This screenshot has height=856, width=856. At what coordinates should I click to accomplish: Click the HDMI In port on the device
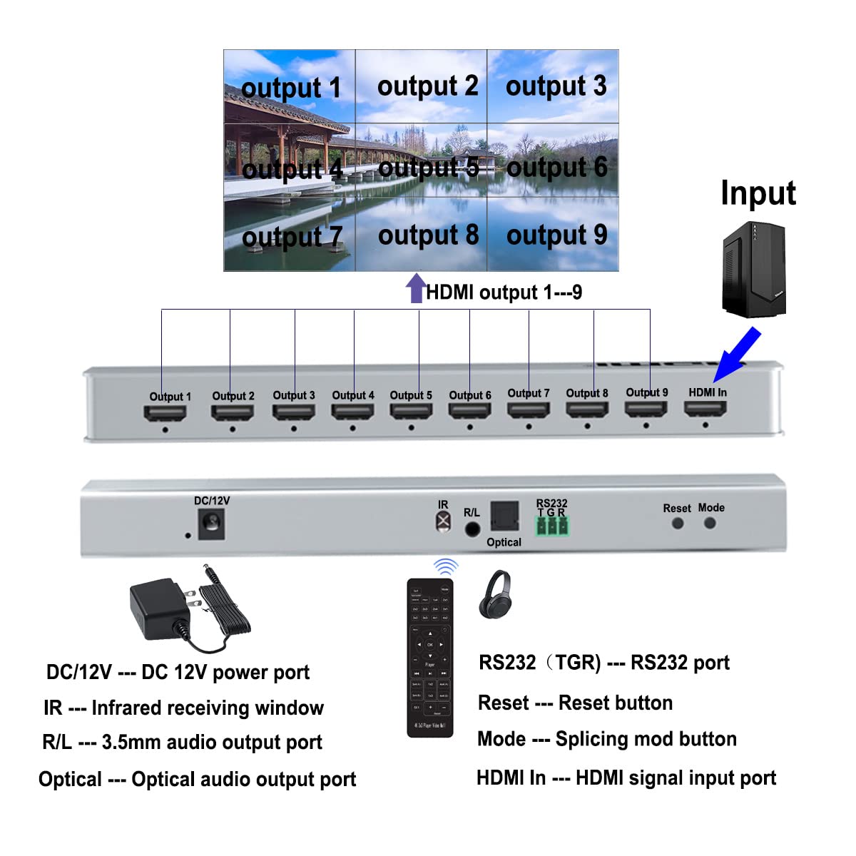[x=705, y=410]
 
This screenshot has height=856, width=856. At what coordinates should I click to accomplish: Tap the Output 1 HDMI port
[x=165, y=413]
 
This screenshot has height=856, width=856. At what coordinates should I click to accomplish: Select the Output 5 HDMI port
[x=411, y=412]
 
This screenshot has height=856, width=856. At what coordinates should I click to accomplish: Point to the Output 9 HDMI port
[x=646, y=409]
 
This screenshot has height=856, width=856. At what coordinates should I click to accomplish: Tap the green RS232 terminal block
[x=552, y=526]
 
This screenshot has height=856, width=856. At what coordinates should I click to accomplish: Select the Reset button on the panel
[x=678, y=523]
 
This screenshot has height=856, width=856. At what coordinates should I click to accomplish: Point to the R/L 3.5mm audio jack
[x=472, y=529]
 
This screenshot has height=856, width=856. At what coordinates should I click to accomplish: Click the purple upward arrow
[x=415, y=289]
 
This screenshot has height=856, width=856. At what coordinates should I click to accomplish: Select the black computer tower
[x=754, y=269]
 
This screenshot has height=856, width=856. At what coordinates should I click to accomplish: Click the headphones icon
[x=495, y=593]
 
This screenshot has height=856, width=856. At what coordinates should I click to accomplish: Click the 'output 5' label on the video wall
[x=428, y=168]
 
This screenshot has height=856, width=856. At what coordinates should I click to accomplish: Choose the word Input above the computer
[x=758, y=193]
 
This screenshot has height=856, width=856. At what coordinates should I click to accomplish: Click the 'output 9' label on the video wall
[x=556, y=235]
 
